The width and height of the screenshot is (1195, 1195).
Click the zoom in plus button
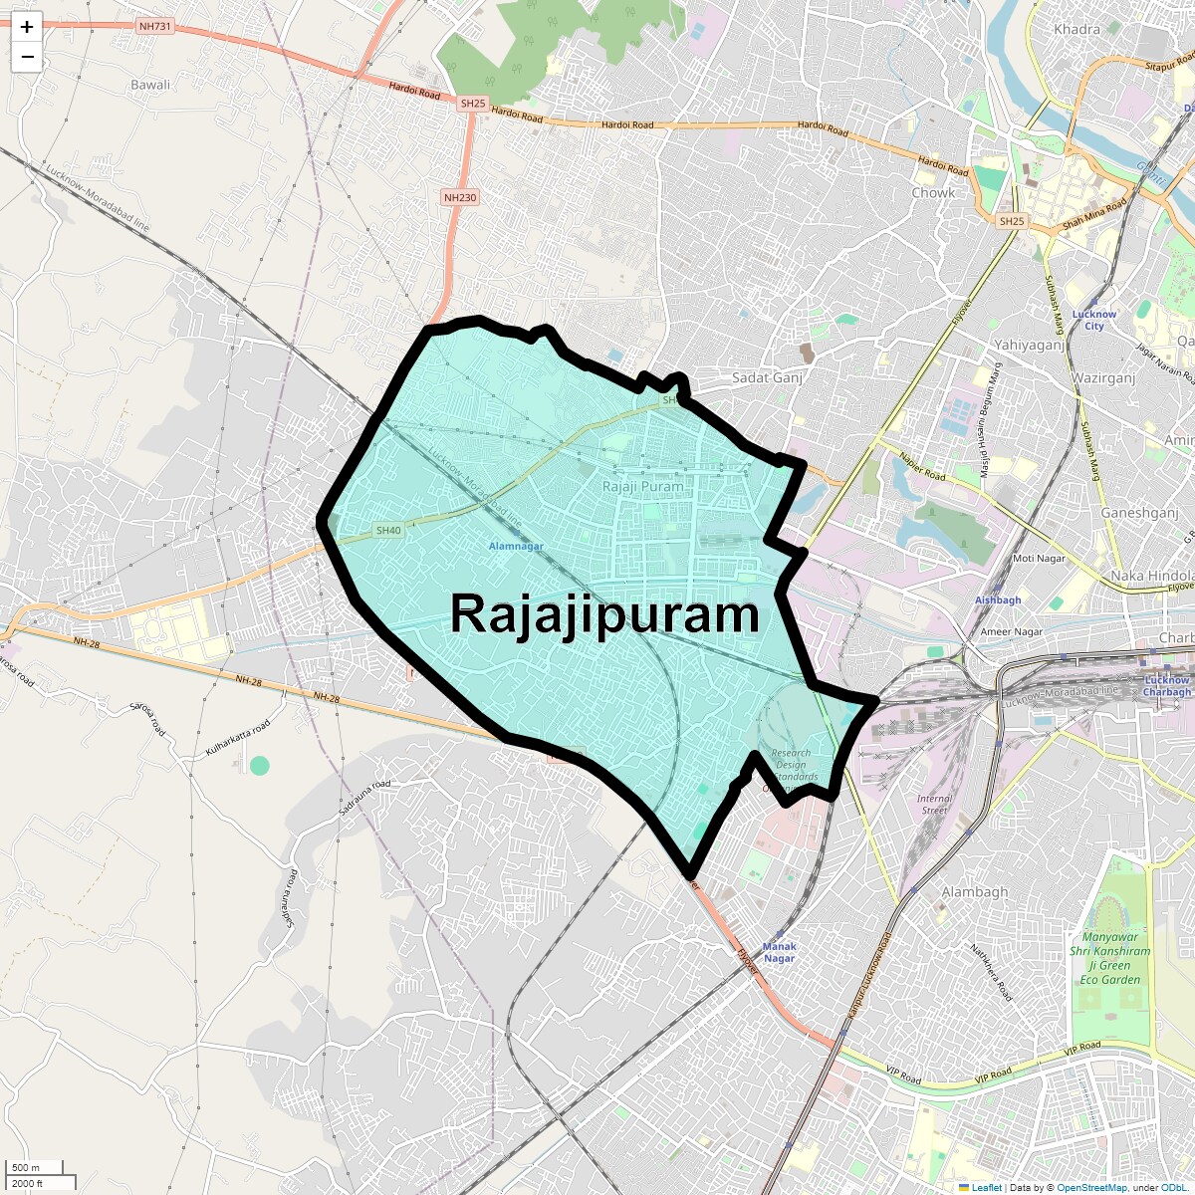pyautogui.click(x=27, y=27)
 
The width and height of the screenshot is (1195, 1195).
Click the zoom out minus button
pyautogui.click(x=27, y=57)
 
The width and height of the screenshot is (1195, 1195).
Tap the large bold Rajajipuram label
pyautogui.click(x=604, y=613)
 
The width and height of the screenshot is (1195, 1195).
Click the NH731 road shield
pyautogui.click(x=155, y=25)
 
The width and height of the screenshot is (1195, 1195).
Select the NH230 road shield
pyautogui.click(x=460, y=197)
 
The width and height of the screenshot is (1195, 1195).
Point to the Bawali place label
pyautogui.click(x=150, y=85)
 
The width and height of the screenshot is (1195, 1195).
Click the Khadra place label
pyautogui.click(x=1076, y=29)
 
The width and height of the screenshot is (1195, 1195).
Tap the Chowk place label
pyautogui.click(x=933, y=192)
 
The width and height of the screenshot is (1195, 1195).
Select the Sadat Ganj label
pyautogui.click(x=767, y=377)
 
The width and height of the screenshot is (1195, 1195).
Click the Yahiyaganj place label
pyautogui.click(x=1029, y=345)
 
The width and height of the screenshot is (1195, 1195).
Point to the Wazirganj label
pyautogui.click(x=1103, y=378)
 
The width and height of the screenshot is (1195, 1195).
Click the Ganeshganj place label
pyautogui.click(x=1139, y=513)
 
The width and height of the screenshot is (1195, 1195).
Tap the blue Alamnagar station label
pyautogui.click(x=516, y=546)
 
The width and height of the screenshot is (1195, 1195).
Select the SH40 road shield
pyautogui.click(x=388, y=531)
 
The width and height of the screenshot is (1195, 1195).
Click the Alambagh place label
pyautogui.click(x=975, y=891)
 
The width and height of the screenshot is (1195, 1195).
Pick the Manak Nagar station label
pyautogui.click(x=780, y=952)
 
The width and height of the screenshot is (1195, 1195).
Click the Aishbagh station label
pyautogui.click(x=998, y=599)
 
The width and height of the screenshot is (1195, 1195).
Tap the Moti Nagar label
pyautogui.click(x=1039, y=558)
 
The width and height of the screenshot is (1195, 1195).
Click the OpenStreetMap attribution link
pyautogui.click(x=1091, y=1187)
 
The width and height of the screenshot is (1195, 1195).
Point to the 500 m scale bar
pyautogui.click(x=27, y=1167)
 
